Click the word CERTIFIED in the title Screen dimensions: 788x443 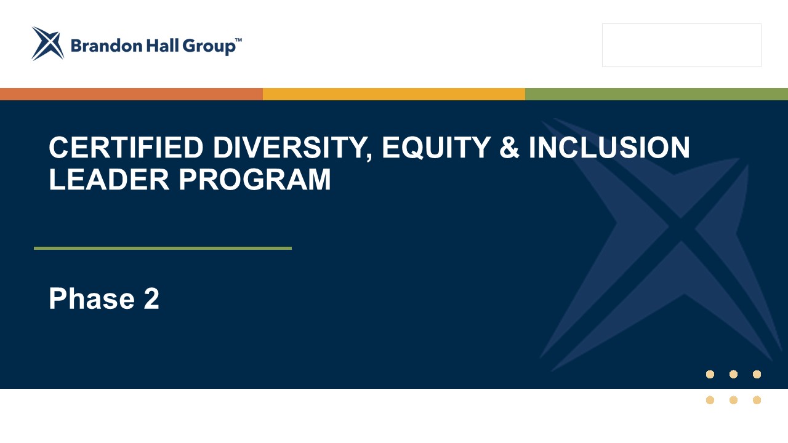point(126,147)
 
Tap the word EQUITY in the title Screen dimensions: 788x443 point(436,148)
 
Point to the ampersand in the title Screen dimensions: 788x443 point(509,147)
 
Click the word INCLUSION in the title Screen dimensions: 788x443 point(609,147)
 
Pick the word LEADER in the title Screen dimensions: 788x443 point(109,179)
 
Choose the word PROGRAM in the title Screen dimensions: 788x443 point(255,179)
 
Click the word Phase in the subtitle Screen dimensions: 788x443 point(92,298)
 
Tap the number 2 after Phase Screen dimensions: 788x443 point(151,298)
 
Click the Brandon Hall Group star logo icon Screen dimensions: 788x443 point(48,44)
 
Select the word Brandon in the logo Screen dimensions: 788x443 point(107,46)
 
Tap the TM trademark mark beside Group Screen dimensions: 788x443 point(238,40)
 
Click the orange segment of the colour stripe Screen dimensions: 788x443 point(131,94)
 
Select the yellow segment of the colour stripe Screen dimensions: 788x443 point(394,94)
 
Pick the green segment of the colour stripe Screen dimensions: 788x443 point(656,94)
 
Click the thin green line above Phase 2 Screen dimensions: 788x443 point(163,248)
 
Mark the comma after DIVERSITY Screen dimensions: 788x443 point(369,158)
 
